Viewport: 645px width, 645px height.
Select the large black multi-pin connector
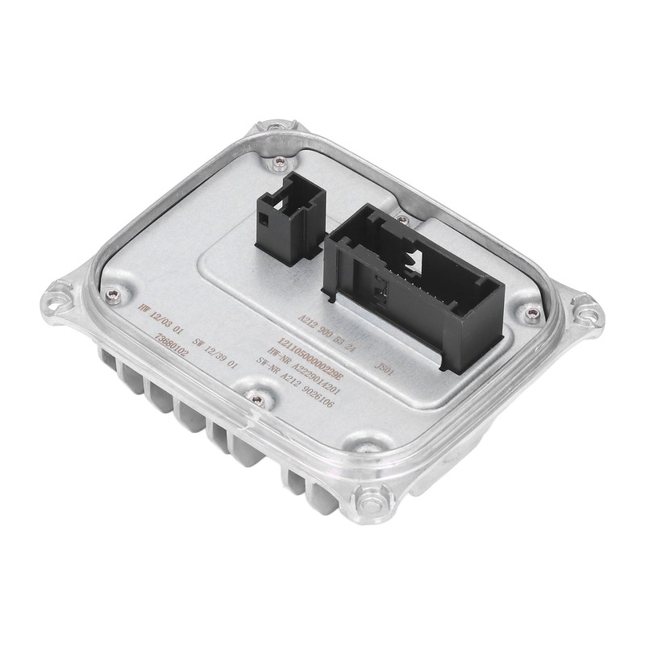pos(415,282)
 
